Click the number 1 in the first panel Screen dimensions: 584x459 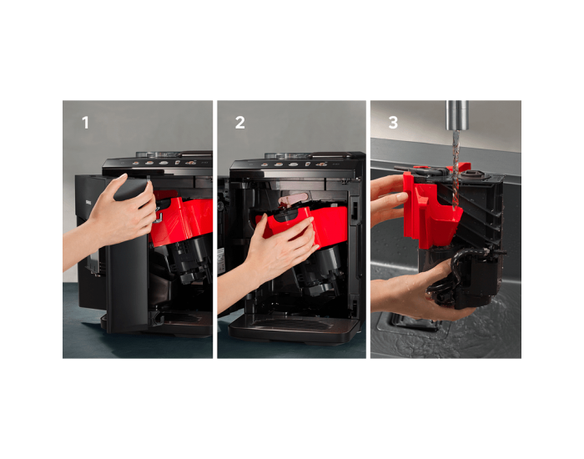tap(85, 123)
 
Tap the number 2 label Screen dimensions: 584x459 tap(240, 123)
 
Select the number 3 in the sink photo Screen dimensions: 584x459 tap(393, 123)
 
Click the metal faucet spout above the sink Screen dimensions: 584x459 tap(457, 115)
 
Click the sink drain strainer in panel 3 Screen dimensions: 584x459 tap(410, 322)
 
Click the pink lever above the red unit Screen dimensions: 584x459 tap(295, 199)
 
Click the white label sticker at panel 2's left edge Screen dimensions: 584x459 tap(221, 257)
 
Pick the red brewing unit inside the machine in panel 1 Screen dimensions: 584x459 tap(182, 218)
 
